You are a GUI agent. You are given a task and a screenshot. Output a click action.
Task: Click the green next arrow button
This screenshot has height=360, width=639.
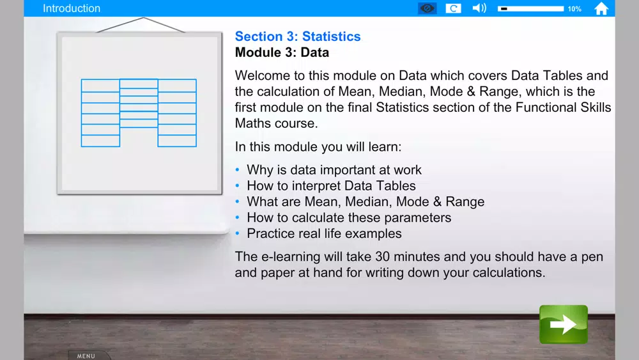563,324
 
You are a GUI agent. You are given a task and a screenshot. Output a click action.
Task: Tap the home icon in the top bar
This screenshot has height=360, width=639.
601,8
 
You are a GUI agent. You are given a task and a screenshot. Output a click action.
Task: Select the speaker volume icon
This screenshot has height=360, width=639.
479,8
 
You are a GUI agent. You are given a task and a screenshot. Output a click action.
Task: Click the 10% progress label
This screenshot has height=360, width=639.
574,8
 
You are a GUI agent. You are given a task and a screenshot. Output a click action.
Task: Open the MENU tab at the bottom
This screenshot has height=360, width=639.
86,356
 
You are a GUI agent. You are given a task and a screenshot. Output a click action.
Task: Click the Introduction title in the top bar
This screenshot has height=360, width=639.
72,8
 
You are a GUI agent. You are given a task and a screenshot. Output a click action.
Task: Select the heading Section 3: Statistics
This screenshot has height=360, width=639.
298,36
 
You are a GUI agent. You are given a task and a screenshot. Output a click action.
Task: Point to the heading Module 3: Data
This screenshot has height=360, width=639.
282,52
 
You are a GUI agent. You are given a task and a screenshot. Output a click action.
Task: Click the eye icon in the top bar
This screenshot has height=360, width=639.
427,8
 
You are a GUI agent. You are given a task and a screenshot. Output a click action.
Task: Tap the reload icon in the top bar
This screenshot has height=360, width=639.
453,8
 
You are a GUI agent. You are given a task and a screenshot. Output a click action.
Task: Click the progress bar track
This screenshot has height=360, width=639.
530,8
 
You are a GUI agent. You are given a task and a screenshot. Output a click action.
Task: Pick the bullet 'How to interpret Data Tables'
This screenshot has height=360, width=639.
331,185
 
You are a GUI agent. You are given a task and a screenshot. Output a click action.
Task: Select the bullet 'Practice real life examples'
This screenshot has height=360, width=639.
324,233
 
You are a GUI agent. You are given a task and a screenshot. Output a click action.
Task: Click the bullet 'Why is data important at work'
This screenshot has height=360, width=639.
334,169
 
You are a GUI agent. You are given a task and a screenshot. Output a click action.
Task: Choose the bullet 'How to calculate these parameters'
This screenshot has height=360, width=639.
349,217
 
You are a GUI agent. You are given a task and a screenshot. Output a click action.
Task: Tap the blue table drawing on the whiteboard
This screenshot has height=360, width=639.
139,113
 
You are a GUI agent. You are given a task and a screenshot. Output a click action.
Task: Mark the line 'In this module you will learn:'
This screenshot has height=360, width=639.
318,147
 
